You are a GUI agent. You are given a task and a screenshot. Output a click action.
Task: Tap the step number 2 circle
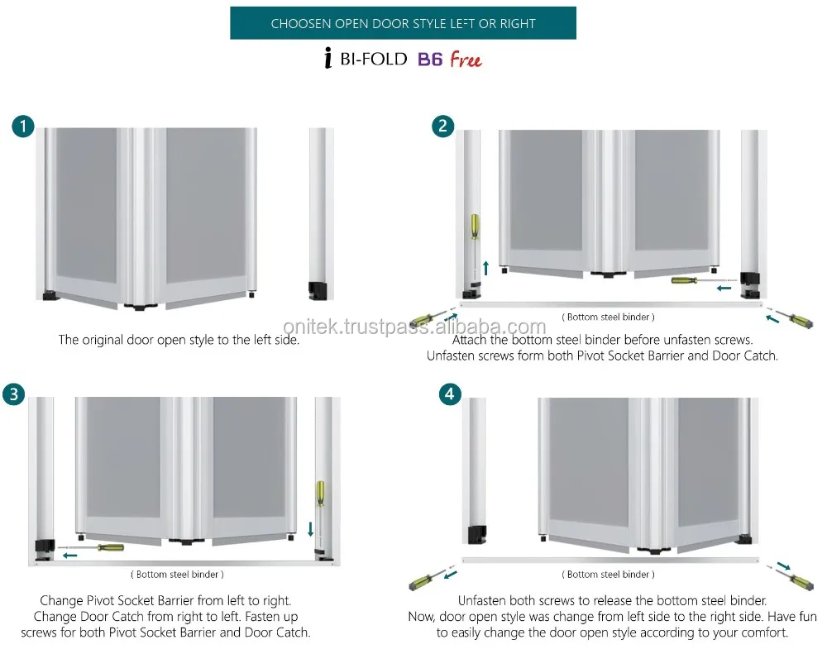coord(443,126)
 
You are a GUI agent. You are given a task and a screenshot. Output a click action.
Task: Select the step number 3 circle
coord(13,394)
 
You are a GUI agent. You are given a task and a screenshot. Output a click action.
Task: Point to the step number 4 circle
coord(448,394)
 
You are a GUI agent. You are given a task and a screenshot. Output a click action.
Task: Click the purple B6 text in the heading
coord(429,60)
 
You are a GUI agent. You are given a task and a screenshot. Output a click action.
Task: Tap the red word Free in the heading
coord(466,60)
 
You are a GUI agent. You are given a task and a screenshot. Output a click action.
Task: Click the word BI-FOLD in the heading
coord(375,60)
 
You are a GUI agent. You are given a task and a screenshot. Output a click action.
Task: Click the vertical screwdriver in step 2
coord(475,235)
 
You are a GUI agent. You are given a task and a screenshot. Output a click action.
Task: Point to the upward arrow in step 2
coord(485,267)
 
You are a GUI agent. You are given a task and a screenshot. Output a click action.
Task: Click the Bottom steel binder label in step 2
coord(608,317)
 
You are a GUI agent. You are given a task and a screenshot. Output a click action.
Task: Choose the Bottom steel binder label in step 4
coord(608,574)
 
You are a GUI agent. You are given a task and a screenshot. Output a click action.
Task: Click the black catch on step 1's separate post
coord(317,290)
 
